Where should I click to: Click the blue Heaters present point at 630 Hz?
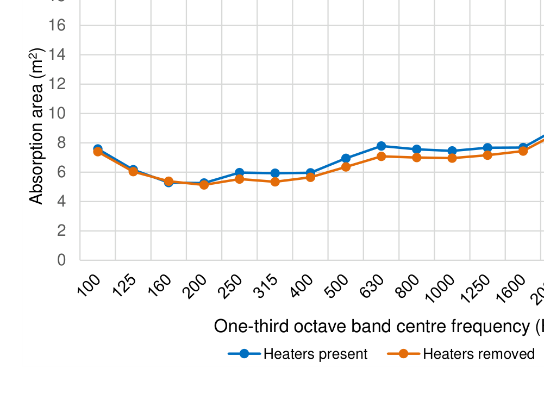tap(381, 146)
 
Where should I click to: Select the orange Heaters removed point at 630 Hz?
tap(381, 157)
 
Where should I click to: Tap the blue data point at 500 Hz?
tap(346, 159)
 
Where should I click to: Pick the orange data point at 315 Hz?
tap(275, 182)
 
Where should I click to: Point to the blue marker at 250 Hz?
tap(239, 172)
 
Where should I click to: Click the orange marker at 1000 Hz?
tap(452, 158)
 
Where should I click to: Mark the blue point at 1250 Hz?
tap(487, 148)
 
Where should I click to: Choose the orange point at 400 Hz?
tap(310, 177)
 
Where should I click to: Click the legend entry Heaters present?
tap(315, 354)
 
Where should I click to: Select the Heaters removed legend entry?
tap(479, 354)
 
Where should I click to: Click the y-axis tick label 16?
tap(57, 26)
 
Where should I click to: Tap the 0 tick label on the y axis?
tap(61, 260)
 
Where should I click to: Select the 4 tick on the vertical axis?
tap(61, 202)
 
